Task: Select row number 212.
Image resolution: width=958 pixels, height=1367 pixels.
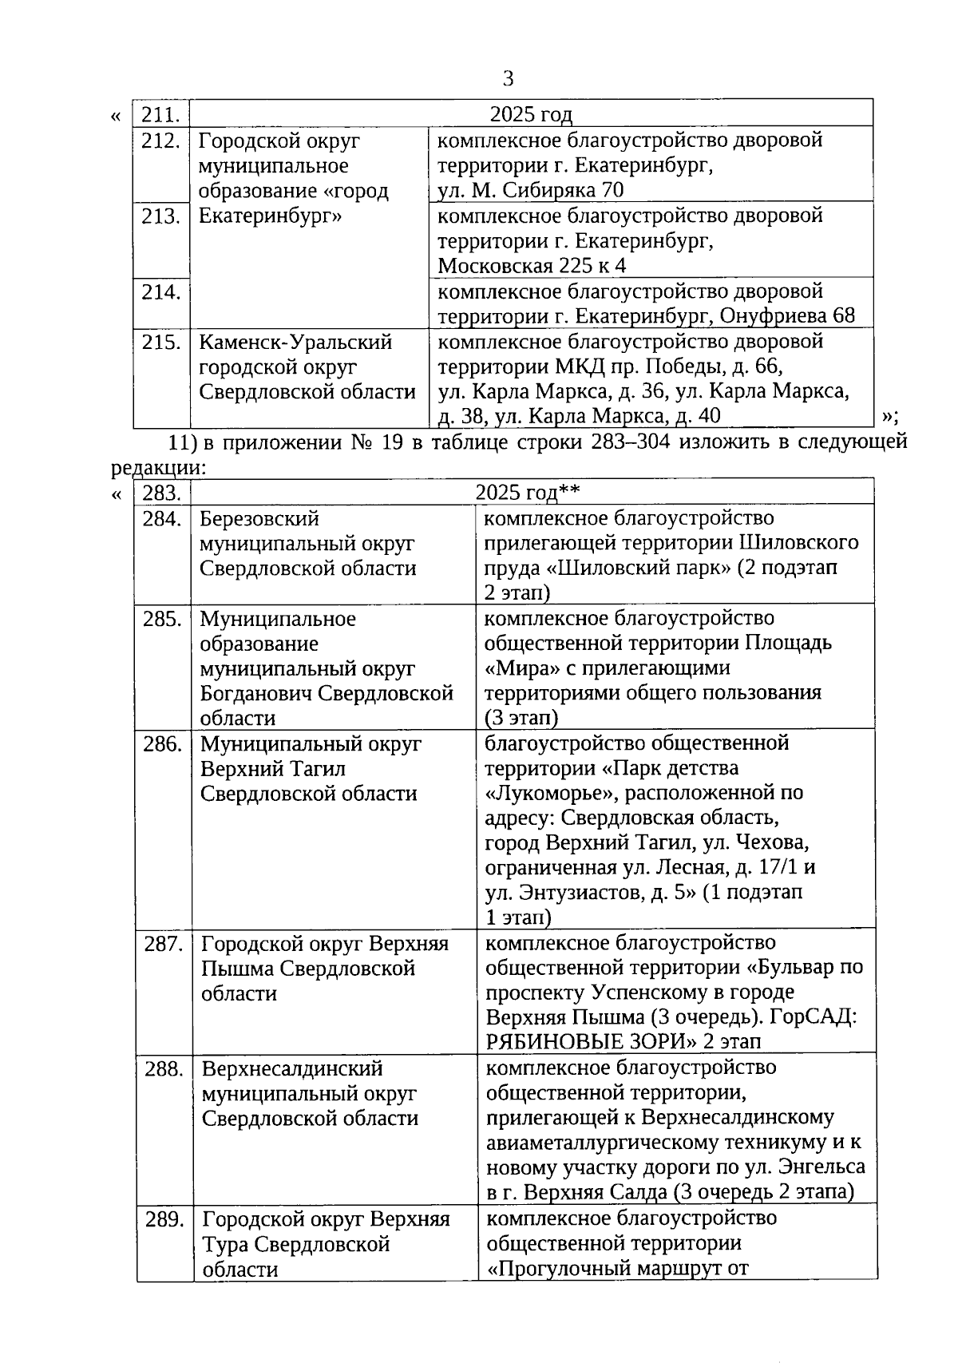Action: tap(160, 141)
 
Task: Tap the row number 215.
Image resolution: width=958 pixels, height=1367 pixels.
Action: tap(160, 343)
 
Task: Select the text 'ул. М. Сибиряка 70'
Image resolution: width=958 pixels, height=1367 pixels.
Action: tap(531, 191)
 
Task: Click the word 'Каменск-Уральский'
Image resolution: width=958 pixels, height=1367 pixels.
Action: tap(295, 343)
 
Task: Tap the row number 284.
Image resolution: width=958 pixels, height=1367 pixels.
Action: tap(161, 520)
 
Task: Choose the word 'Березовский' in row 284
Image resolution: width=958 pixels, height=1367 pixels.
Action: tap(259, 520)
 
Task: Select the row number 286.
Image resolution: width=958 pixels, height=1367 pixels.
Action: tap(161, 744)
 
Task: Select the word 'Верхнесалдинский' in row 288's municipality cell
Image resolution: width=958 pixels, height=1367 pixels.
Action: tap(292, 1069)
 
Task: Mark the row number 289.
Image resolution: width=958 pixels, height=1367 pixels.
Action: tap(164, 1220)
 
